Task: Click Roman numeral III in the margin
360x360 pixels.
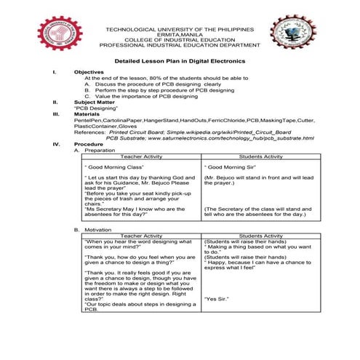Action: point(55,114)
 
